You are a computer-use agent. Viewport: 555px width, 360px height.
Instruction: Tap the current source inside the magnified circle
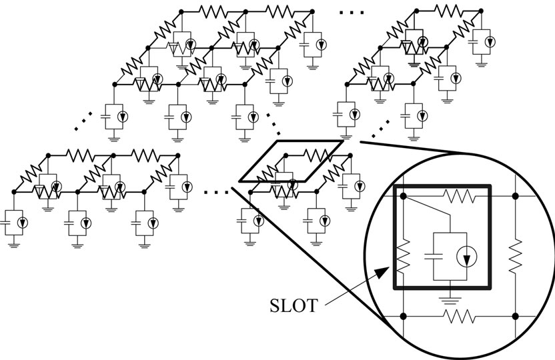465,255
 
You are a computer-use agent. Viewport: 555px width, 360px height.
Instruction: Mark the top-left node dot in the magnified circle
403,196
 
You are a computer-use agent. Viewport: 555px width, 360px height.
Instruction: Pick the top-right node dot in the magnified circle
514,196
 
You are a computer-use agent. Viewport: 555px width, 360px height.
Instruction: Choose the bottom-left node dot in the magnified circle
403,312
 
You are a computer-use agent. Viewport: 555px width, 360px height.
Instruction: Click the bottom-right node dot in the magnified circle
514,312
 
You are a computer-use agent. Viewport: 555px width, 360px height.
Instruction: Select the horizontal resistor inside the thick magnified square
458,196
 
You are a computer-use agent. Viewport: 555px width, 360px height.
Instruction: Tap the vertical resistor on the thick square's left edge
403,257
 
